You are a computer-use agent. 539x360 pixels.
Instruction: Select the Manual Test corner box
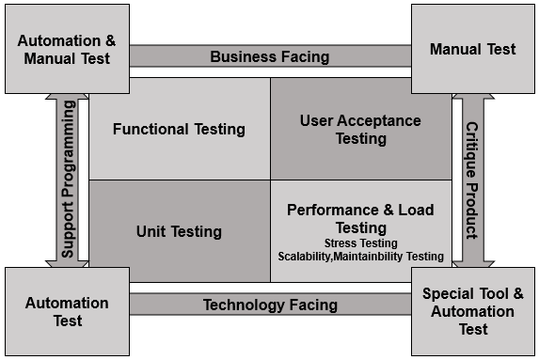click(472, 48)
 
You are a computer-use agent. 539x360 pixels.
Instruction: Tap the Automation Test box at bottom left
click(66, 312)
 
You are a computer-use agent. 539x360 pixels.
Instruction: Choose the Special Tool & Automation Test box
click(473, 312)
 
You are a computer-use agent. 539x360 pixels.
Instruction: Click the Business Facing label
click(269, 56)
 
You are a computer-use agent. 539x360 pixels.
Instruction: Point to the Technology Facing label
click(269, 305)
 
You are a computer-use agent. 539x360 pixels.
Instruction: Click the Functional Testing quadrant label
click(179, 129)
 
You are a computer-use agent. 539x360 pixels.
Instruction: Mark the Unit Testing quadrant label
click(179, 231)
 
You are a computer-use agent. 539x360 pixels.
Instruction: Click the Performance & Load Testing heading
click(360, 218)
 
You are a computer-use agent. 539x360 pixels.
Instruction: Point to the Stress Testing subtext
click(360, 243)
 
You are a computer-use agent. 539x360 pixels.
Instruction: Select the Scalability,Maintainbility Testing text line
click(360, 256)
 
